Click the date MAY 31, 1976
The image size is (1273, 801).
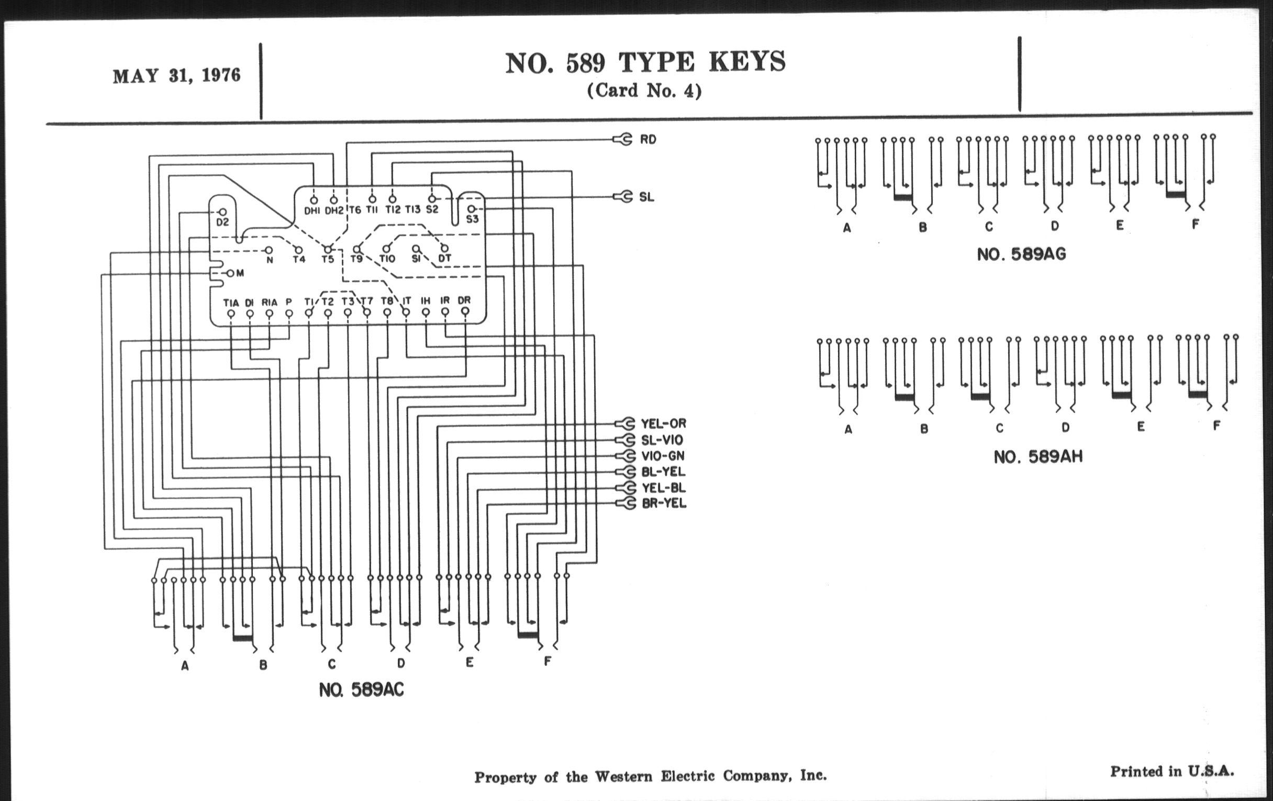tap(176, 75)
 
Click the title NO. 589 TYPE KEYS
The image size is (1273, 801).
tap(645, 62)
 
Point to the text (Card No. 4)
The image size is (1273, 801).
tap(644, 91)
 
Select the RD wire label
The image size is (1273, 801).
tap(648, 140)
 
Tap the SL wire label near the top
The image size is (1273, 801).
tap(646, 197)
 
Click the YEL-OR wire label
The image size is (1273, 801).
tap(664, 424)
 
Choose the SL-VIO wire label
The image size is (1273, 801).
tap(662, 440)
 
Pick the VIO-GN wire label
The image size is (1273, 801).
tap(663, 456)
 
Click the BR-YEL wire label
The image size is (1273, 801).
tap(664, 503)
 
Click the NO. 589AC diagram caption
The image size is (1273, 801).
tap(361, 690)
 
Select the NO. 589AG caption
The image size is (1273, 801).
tap(1021, 254)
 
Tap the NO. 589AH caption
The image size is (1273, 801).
tap(1038, 457)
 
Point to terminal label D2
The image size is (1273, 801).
tap(222, 222)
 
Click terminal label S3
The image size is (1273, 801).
tap(472, 219)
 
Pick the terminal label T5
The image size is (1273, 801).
tap(328, 259)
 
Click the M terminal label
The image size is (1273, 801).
tap(240, 273)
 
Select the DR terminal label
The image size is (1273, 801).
tap(464, 301)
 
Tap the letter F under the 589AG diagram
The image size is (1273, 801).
tap(1196, 224)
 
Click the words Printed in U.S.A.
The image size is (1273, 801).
tap(1172, 771)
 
